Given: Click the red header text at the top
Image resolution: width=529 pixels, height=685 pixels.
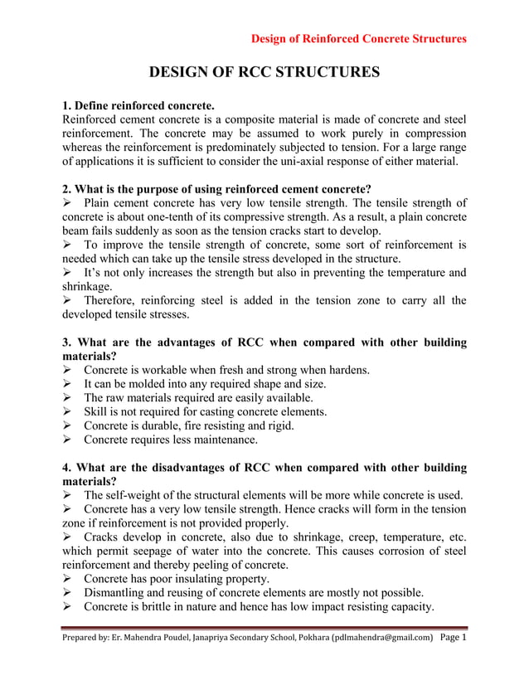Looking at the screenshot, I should (358, 38).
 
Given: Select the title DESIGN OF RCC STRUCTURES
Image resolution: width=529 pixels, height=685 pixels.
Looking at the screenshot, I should (264, 73).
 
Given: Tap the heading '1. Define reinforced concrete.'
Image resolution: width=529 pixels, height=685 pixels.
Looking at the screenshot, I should (138, 106).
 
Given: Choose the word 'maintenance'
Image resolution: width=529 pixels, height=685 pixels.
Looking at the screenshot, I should (224, 440).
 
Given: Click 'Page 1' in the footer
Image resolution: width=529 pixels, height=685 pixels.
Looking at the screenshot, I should (454, 638).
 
